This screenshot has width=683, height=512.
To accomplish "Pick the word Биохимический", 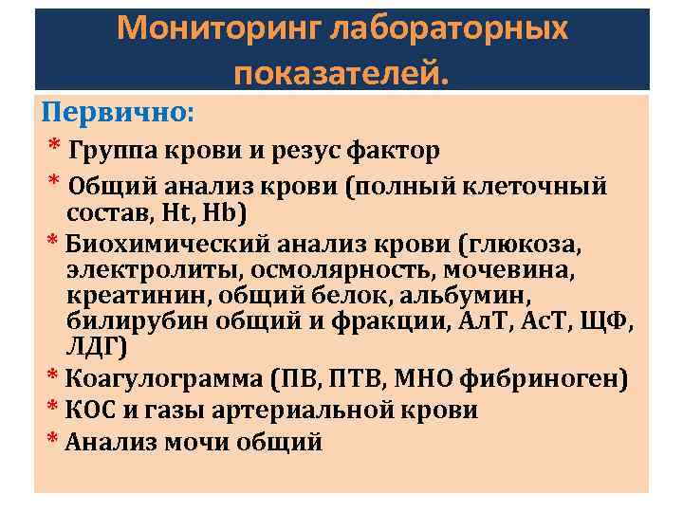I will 158,244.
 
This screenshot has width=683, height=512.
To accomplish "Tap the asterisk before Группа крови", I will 55,148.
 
